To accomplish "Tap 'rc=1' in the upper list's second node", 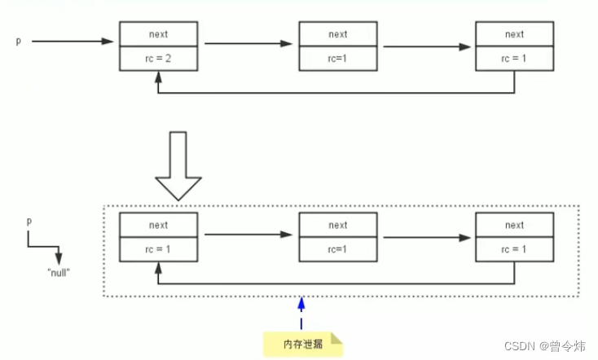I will pyautogui.click(x=337, y=59).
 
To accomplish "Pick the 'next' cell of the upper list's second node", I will pyautogui.click(x=337, y=34).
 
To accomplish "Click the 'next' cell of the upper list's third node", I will pyautogui.click(x=514, y=34).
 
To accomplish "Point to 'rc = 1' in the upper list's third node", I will pyautogui.click(x=514, y=59).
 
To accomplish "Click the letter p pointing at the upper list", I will pyautogui.click(x=18, y=40).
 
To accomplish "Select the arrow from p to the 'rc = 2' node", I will pyautogui.click(x=73, y=40).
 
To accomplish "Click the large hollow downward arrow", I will pyautogui.click(x=177, y=166).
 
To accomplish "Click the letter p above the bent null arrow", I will pyautogui.click(x=29, y=221).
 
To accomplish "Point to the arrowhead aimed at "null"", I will pyautogui.click(x=58, y=257).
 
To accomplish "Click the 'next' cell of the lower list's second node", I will pyautogui.click(x=337, y=226).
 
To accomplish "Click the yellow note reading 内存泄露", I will pyautogui.click(x=301, y=344).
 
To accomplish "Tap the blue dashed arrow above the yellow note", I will pyautogui.click(x=301, y=314).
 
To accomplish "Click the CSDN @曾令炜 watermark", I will pyautogui.click(x=544, y=346).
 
